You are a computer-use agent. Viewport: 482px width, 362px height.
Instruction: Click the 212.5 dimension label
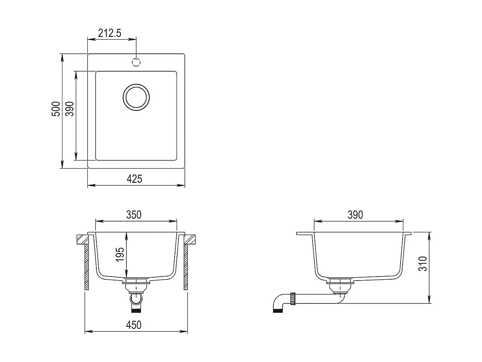(109, 33)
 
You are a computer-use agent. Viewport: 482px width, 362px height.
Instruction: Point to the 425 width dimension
(134, 179)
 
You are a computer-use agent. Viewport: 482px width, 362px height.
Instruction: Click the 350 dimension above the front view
(134, 215)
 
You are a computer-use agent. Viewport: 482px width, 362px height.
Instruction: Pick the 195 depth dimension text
(120, 255)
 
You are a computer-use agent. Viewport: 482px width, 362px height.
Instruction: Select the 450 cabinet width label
(134, 325)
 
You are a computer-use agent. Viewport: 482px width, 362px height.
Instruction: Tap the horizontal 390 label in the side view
(355, 215)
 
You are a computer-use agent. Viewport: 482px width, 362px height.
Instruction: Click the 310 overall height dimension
(423, 263)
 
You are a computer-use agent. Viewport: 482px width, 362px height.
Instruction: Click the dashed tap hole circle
(136, 62)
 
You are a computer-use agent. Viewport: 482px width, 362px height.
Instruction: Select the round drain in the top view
(136, 97)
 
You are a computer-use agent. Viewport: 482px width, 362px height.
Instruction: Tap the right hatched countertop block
(190, 239)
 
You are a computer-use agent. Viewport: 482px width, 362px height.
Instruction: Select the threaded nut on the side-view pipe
(293, 298)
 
